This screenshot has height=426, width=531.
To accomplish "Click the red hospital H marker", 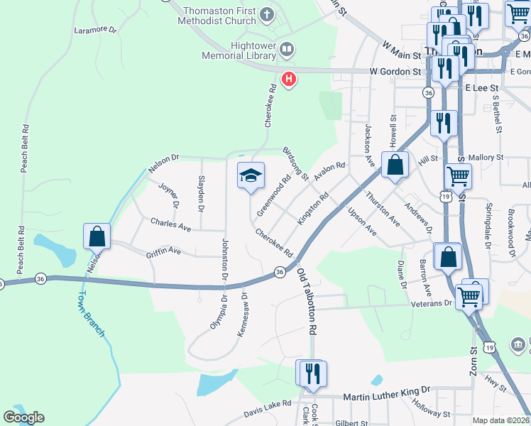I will pyautogui.click(x=288, y=79).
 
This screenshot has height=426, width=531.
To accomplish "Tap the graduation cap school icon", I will pyautogui.click(x=250, y=175).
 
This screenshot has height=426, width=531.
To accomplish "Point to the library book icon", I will pyautogui.click(x=287, y=50).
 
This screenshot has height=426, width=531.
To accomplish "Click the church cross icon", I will pyautogui.click(x=266, y=13).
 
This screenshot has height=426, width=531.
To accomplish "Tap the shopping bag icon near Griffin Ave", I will pyautogui.click(x=97, y=236).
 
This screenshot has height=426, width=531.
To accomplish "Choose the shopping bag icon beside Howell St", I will pyautogui.click(x=395, y=165).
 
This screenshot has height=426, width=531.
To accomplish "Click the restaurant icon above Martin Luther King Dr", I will pyautogui.click(x=310, y=373).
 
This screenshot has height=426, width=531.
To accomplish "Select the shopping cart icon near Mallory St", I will pyautogui.click(x=458, y=175).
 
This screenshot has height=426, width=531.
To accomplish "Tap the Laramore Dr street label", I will pyautogui.click(x=95, y=30).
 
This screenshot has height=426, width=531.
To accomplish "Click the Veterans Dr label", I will pyautogui.click(x=432, y=303).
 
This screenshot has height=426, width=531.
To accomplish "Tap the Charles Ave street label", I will pyautogui.click(x=170, y=224).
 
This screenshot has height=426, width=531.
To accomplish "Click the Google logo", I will pyautogui.click(x=23, y=417).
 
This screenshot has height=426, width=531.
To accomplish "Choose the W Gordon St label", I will pyautogui.click(x=395, y=72).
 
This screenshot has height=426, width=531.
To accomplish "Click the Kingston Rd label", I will pyautogui.click(x=313, y=207).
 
